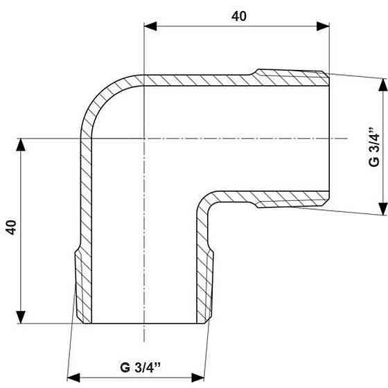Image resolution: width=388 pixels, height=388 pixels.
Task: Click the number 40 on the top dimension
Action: tap(239, 15)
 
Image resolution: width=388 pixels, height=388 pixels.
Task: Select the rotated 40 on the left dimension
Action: tap(10, 229)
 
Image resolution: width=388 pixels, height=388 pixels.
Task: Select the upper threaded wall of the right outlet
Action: tap(291, 73)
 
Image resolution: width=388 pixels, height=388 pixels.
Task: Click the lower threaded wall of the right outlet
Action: tap(291, 204)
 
